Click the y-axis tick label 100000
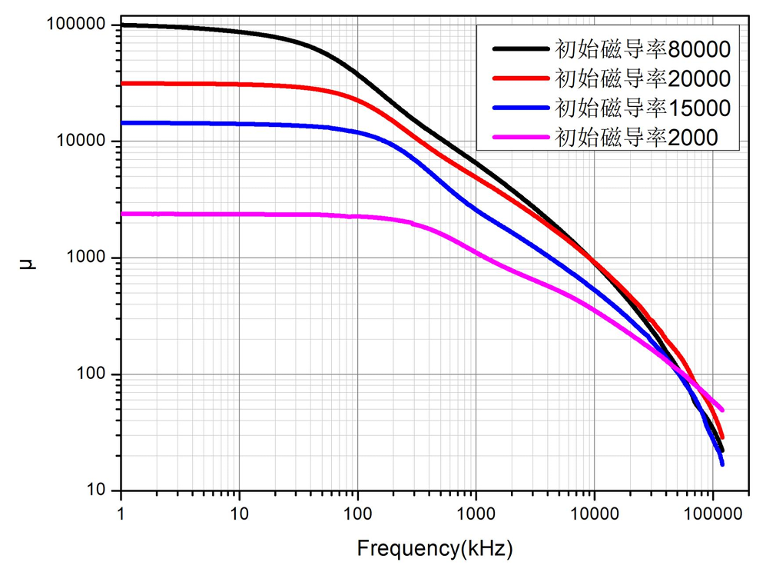[x=75, y=25]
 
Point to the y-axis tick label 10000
[x=81, y=141]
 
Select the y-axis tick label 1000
[x=86, y=258]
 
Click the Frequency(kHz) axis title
[x=434, y=549]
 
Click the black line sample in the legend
[x=520, y=49]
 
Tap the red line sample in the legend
[x=520, y=78]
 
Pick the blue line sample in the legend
[x=520, y=108]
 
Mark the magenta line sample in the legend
[x=520, y=137]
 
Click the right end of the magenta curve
[x=721, y=410]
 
